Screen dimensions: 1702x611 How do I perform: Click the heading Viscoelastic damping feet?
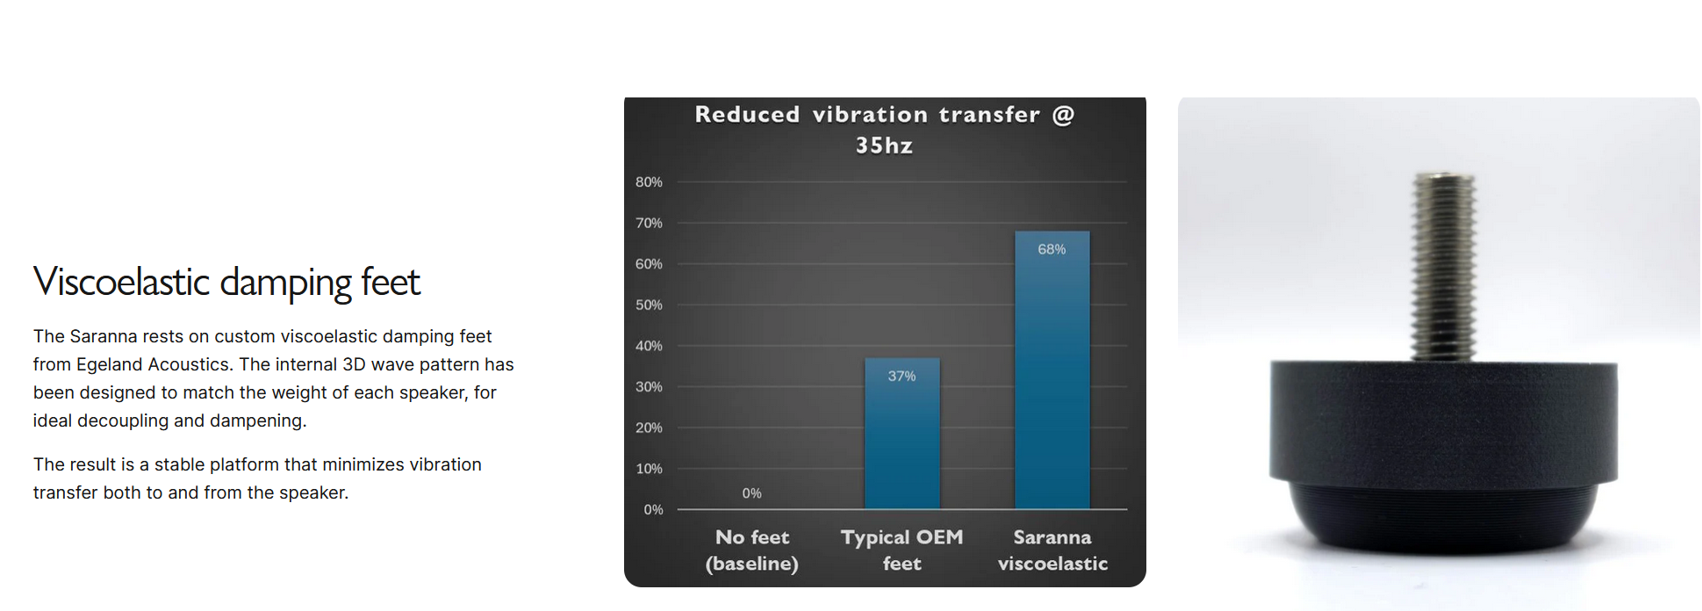(226, 282)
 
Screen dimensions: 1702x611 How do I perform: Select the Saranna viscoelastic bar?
(1052, 370)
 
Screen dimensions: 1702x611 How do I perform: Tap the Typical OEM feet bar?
(901, 433)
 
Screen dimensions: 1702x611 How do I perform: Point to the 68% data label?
(1052, 249)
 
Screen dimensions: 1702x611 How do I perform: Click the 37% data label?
(901, 376)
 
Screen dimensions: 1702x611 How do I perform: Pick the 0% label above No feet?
(751, 493)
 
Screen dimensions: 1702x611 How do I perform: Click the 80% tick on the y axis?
(649, 182)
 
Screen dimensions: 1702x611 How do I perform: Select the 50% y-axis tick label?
(649, 305)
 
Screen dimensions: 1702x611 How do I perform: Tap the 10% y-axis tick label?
(649, 469)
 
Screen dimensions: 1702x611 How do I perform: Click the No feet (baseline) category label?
(752, 550)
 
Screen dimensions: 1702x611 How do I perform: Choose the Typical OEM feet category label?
(901, 550)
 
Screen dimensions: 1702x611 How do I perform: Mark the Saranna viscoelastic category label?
(1052, 550)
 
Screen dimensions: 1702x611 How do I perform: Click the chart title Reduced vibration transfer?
(867, 115)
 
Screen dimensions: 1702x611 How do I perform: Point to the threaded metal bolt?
(1442, 266)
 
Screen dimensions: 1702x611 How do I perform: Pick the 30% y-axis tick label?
(649, 386)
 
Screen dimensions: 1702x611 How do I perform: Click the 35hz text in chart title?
(884, 146)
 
